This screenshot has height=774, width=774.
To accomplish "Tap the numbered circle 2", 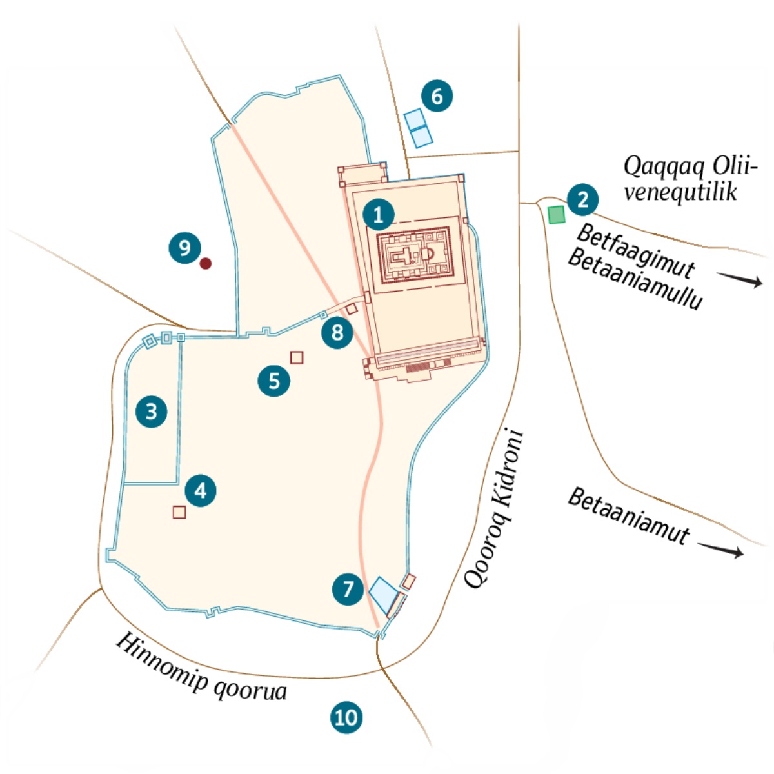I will point(583,199).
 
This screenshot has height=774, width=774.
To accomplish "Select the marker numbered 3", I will point(152,412).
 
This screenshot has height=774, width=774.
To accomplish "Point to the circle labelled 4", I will point(201,491).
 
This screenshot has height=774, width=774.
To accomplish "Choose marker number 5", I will point(275,381).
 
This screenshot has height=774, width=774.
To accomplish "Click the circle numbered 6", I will point(437,96).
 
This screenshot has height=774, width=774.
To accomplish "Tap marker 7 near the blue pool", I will point(348,588).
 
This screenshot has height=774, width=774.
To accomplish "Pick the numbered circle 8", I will point(337,333).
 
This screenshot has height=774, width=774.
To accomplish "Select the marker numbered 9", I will point(184,248).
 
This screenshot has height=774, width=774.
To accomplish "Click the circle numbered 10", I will point(346,717).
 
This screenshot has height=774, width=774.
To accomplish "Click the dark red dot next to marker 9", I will point(206,263).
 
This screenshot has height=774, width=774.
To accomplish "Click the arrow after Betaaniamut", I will point(722,550).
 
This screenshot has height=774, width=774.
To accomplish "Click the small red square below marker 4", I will point(179,512).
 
